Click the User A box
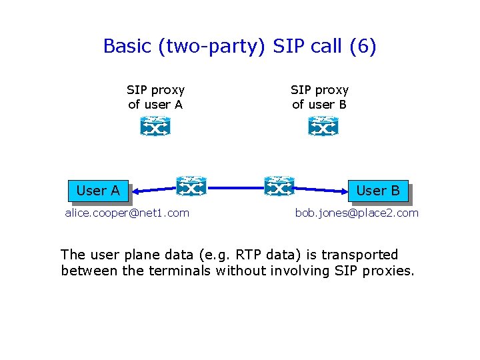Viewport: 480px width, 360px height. [98, 191]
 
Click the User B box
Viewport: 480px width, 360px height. [377, 191]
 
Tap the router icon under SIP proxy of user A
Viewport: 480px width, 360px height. [155, 126]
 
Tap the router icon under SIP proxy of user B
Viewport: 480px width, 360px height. [323, 126]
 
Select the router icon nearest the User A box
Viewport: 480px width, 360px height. [191, 187]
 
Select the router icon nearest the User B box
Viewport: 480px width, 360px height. [279, 187]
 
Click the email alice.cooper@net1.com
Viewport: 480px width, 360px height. [127, 213]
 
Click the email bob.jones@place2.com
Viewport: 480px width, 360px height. [357, 213]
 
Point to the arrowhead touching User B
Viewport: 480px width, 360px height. [343, 193]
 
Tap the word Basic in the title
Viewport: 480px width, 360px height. [125, 47]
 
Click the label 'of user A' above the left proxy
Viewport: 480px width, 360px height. [155, 104]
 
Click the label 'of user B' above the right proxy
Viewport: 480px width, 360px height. [319, 104]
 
